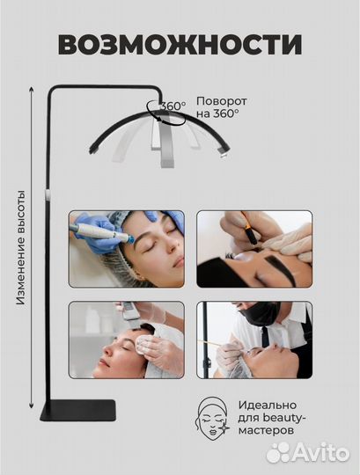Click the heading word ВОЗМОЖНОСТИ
tap(180, 45)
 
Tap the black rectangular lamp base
tap(78, 410)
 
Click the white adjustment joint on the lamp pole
tap(48, 194)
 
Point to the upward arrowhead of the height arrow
tap(31, 89)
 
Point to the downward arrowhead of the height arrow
tap(31, 406)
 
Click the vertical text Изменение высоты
tap(20, 247)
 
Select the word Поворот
tap(222, 101)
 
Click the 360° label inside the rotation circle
tap(173, 106)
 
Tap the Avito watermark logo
tap(308, 453)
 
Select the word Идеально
tap(268, 405)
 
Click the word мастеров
tap(266, 430)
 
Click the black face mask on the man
tap(261, 314)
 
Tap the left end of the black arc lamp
tap(92, 150)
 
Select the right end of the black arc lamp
tap(226, 150)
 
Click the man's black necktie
tap(266, 337)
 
